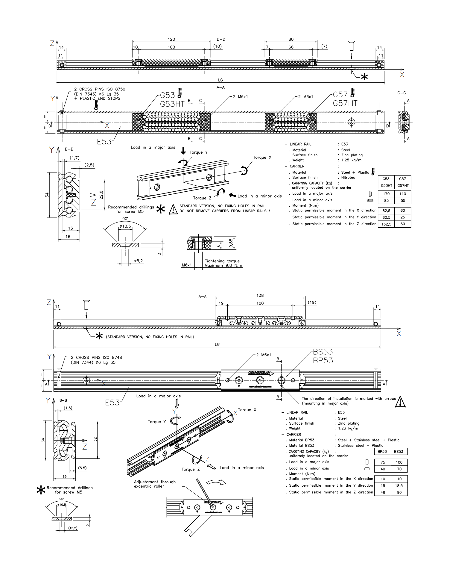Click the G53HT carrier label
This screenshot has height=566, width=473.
click(x=172, y=104)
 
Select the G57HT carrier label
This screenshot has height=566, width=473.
click(x=345, y=103)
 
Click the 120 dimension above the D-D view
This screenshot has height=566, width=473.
click(x=171, y=39)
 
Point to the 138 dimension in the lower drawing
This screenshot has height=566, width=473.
click(x=260, y=295)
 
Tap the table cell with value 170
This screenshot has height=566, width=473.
click(x=386, y=194)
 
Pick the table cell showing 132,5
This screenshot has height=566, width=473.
click(x=386, y=224)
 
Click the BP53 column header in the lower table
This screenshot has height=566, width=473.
click(x=382, y=452)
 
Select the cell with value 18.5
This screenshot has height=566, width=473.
click(x=399, y=486)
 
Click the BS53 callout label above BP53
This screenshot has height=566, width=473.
click(x=323, y=352)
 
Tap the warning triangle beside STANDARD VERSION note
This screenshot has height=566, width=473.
click(x=173, y=209)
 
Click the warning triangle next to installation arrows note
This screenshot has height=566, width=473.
click(x=400, y=402)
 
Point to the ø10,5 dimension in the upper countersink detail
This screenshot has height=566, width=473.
click(x=125, y=226)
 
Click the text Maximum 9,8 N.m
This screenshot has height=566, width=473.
click(x=223, y=265)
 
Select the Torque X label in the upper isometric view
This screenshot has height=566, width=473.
click(x=262, y=158)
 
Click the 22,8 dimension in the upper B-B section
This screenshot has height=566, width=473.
click(x=101, y=195)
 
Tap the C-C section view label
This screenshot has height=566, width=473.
click(x=401, y=93)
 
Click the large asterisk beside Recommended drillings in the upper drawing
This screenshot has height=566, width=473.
click(x=161, y=209)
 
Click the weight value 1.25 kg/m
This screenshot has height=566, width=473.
click(x=351, y=160)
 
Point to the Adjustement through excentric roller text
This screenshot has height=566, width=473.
click(x=155, y=484)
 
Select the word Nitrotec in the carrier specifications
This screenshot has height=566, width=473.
click(x=348, y=178)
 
